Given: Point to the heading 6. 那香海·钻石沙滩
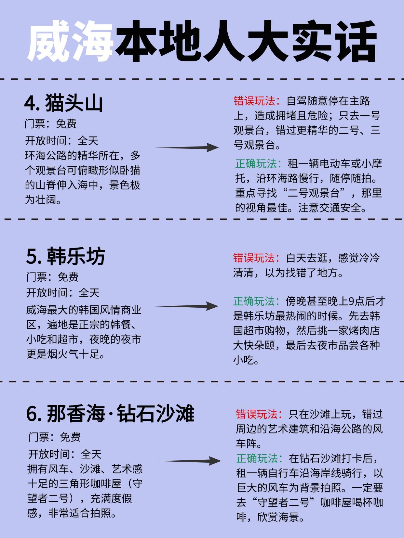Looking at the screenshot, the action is (110, 413).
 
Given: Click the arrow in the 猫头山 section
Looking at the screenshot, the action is (187, 147).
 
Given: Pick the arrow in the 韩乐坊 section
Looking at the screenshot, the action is (186, 306).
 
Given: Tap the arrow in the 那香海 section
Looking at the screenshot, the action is (189, 461).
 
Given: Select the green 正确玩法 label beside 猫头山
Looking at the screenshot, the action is (256, 163).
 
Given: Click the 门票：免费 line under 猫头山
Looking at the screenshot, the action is (51, 124).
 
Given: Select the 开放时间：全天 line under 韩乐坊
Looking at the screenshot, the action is (63, 293).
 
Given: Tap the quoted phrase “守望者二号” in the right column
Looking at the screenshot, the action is (283, 502).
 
